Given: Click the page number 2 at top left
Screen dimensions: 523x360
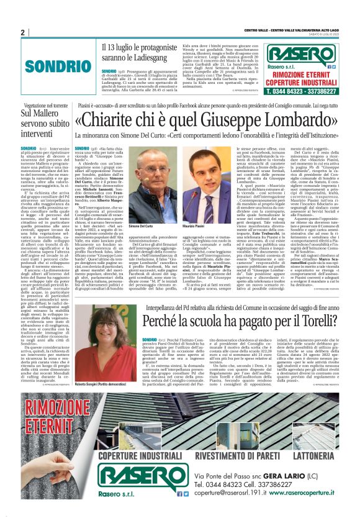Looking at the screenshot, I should point(22,32).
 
